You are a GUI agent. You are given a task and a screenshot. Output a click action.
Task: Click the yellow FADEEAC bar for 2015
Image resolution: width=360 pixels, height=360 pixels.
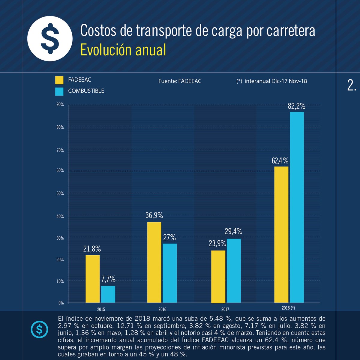92,279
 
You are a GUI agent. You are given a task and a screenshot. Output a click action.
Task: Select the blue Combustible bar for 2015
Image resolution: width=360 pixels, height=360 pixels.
108,294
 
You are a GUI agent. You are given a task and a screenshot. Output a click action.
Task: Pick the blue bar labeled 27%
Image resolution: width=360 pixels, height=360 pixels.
169,273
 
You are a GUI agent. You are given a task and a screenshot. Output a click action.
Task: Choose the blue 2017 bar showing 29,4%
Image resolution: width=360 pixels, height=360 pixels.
234,271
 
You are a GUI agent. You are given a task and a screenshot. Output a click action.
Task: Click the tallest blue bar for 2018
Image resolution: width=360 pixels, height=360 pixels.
297,207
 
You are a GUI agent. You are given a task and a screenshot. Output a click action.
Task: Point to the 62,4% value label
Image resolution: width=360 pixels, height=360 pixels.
280,161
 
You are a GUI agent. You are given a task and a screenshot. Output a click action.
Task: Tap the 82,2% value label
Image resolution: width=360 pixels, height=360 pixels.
296,106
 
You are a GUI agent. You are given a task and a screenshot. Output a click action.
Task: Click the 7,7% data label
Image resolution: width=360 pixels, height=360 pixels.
108,279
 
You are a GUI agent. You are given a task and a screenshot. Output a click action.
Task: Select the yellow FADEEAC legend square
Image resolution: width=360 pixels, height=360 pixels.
59,80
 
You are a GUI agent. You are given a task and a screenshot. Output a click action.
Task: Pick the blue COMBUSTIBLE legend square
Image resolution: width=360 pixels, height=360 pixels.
59,91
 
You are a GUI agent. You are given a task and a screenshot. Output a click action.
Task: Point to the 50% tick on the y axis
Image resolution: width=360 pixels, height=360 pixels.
60,193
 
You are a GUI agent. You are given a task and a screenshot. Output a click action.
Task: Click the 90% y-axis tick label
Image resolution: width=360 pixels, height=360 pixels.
60,104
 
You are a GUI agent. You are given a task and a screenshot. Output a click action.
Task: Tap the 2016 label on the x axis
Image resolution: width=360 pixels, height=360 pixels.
162,309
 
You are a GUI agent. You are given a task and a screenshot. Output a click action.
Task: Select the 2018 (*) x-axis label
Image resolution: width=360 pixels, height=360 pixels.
288,308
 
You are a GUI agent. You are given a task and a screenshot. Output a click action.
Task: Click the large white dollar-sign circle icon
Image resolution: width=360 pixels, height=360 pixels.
50,38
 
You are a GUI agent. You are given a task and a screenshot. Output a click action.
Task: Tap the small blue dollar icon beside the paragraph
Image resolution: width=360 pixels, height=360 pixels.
39,329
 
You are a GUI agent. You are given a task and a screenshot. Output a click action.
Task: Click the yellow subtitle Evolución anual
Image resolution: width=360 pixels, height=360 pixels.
123,50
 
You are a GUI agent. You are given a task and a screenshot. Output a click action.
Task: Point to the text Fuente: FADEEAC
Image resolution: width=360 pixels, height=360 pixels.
180,81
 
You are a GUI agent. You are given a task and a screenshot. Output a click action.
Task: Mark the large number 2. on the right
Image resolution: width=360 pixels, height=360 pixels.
352,85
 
